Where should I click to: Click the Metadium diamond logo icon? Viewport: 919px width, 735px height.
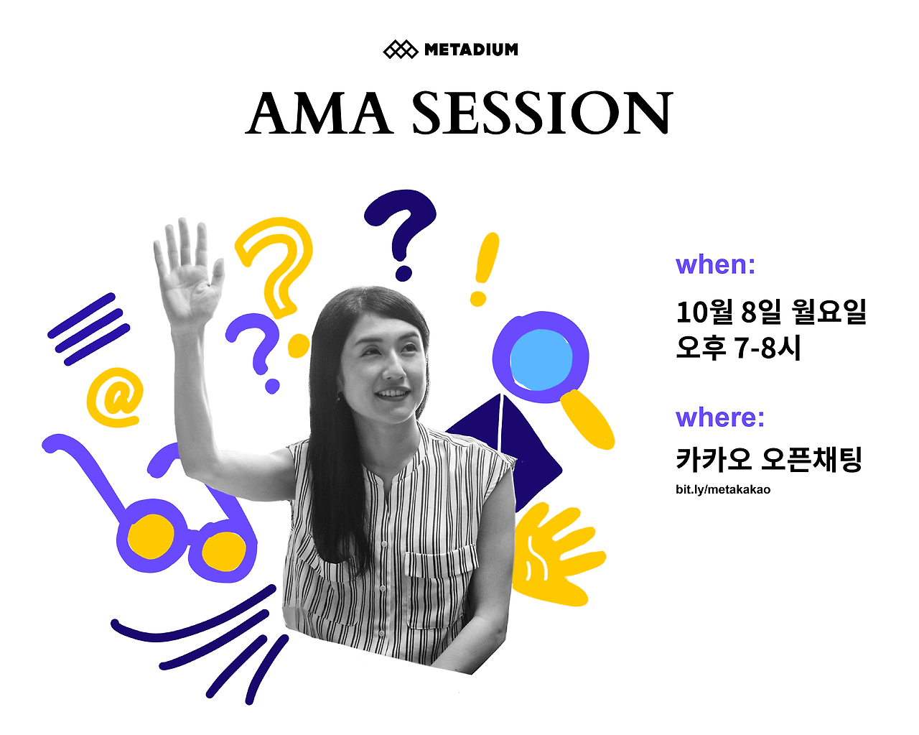400,50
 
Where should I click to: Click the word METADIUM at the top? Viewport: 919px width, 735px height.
471,50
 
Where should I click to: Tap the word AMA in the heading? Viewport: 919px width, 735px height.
319,113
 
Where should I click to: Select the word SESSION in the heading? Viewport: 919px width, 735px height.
542,113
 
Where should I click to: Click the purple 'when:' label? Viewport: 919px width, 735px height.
715,264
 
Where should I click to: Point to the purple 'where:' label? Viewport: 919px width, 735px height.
719,417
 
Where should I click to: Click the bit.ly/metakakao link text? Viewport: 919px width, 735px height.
723,490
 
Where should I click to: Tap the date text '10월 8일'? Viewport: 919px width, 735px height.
729,312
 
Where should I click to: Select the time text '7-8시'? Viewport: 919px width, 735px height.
768,348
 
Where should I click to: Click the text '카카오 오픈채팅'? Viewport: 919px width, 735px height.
769,459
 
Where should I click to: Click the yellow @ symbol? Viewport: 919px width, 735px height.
114,397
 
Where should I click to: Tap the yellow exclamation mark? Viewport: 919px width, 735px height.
484,269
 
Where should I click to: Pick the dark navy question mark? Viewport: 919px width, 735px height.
400,235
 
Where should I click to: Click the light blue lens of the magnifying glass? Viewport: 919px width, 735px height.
541,359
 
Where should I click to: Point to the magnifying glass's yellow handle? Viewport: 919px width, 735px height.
587,419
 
